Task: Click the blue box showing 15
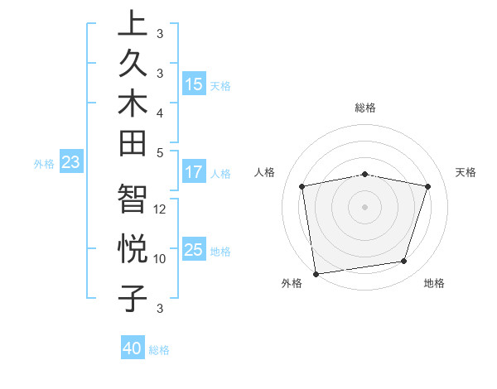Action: click(x=194, y=84)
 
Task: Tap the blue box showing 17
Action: click(x=194, y=172)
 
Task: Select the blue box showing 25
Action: click(x=194, y=250)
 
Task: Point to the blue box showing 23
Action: click(x=71, y=162)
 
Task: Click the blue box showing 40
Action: click(x=133, y=348)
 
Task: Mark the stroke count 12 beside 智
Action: click(x=161, y=209)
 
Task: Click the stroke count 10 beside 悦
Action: click(x=161, y=258)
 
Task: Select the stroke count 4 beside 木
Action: click(x=161, y=112)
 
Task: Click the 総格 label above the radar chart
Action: click(x=365, y=108)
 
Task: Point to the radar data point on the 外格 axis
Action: click(x=316, y=273)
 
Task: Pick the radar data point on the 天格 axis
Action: click(x=427, y=186)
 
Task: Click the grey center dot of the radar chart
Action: click(x=365, y=206)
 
